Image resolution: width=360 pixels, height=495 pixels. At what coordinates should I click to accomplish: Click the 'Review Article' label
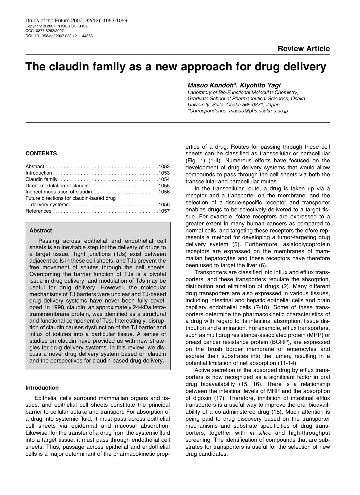303,49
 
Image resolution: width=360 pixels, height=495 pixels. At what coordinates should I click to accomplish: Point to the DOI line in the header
59,36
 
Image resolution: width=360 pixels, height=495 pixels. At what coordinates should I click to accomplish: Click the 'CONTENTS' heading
41,154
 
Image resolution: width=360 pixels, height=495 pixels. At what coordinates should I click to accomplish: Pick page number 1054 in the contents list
164,179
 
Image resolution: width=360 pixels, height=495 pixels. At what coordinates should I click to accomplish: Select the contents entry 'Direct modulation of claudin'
57,186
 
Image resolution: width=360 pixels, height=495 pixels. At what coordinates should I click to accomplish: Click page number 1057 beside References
164,211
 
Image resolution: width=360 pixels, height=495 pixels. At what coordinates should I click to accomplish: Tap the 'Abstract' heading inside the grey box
41,231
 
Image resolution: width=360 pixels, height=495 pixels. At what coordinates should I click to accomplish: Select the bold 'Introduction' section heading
42,388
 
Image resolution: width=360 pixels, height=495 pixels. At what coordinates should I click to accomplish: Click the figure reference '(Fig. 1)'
196,161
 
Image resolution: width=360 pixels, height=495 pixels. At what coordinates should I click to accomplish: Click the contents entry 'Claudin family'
41,179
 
